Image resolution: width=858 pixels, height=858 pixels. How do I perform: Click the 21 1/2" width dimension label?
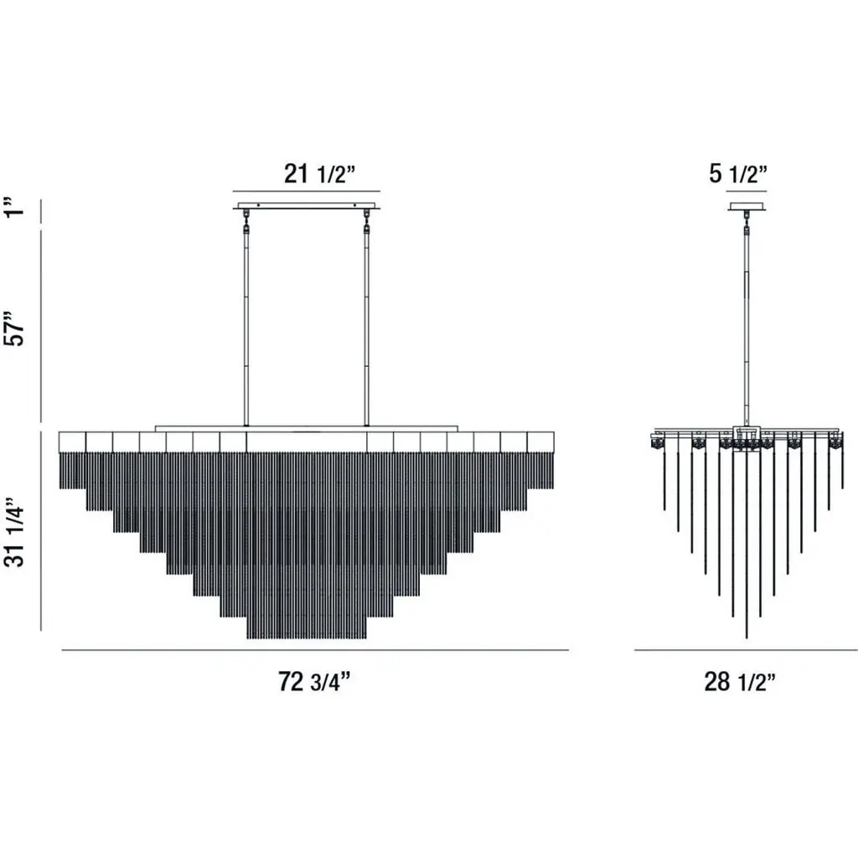(319, 174)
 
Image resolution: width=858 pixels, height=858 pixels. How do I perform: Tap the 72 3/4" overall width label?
(313, 682)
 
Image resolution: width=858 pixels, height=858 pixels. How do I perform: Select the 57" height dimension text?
(15, 328)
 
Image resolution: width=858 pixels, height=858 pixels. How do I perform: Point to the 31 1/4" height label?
(15, 532)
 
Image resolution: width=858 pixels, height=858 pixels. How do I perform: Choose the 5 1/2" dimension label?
(738, 174)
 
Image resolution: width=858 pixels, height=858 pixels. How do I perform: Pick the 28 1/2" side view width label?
(740, 682)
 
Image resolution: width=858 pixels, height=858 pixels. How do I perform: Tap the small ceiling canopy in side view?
(747, 207)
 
